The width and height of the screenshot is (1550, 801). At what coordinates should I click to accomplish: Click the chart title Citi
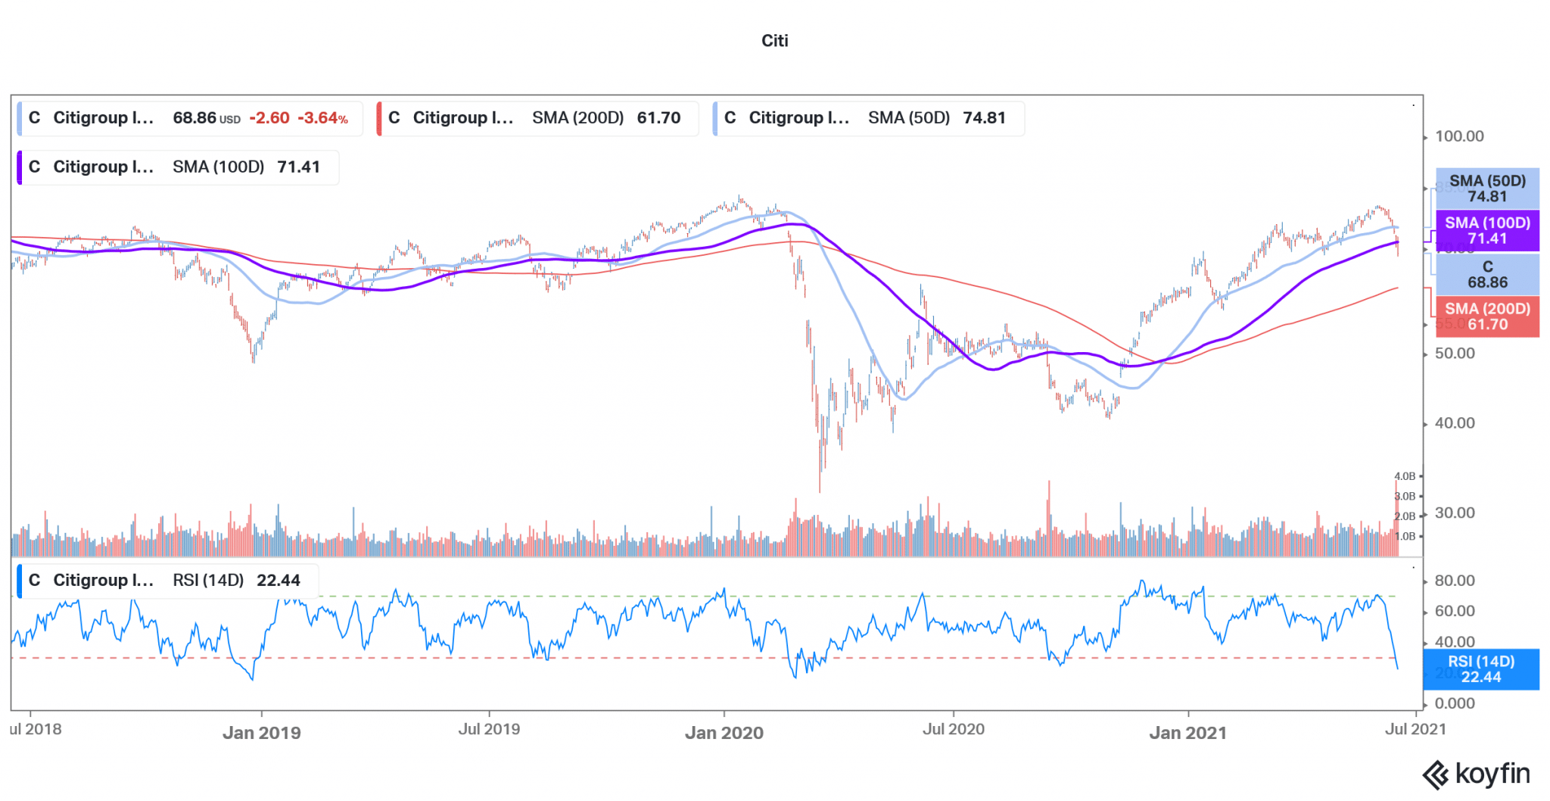coord(774,41)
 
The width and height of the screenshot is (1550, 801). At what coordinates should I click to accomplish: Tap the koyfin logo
coord(1477,775)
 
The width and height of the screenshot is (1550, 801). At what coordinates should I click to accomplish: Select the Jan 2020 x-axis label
coord(724,733)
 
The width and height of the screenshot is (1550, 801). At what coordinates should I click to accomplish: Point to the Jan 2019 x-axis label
coord(261,733)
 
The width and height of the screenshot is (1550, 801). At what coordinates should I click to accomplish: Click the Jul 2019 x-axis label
coord(489,729)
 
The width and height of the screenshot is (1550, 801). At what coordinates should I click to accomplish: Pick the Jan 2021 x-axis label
coord(1187,733)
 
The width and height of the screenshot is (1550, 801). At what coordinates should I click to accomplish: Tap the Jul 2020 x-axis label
coord(953,729)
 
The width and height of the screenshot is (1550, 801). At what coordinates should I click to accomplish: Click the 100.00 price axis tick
coord(1459,136)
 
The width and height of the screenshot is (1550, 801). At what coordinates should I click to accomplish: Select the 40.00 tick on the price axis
coord(1455,423)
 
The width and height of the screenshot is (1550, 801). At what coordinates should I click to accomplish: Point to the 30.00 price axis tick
coord(1455,513)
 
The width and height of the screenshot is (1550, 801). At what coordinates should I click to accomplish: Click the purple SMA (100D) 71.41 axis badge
coord(1487,231)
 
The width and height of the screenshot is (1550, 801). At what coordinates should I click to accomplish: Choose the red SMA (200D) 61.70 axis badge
coord(1487,316)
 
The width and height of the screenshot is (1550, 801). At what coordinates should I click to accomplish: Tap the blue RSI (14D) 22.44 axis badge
coord(1481,669)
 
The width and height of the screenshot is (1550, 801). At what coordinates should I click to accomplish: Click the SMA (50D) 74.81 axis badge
coord(1487,189)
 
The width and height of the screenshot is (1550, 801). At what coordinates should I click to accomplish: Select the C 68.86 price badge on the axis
coord(1487,274)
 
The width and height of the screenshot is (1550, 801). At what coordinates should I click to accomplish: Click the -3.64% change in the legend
coord(322,118)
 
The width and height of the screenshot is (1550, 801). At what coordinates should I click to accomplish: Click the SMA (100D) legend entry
coord(178,167)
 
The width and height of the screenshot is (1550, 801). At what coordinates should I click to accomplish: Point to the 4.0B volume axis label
coord(1405,476)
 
